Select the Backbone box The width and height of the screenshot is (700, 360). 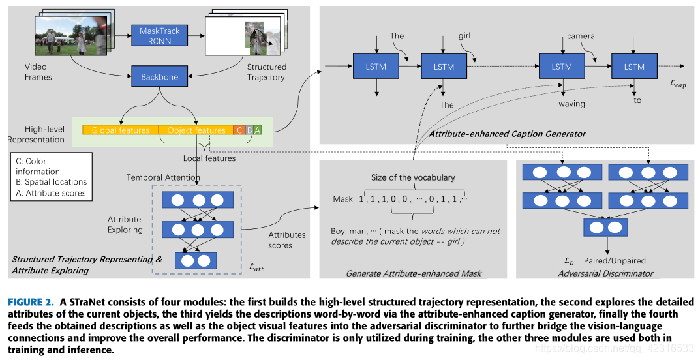[x=159, y=77]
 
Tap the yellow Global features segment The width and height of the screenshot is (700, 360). [x=120, y=130]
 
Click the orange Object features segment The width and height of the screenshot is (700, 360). [x=196, y=130]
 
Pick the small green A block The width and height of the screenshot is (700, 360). [x=258, y=130]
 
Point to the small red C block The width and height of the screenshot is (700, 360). [x=239, y=130]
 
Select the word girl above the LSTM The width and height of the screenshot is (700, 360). [x=464, y=36]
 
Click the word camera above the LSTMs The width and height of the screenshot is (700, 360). [x=581, y=36]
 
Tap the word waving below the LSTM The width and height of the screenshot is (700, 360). [x=571, y=104]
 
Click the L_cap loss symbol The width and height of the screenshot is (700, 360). [x=678, y=85]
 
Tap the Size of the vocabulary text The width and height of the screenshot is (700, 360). [x=413, y=177]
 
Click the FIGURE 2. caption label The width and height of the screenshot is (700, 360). [x=30, y=302]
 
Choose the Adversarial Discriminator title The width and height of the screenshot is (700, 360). [x=605, y=273]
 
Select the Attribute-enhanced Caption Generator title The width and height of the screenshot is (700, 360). [x=507, y=134]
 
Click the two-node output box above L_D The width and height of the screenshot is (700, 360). [x=606, y=227]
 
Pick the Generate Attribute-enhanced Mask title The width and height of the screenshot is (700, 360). [x=414, y=273]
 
